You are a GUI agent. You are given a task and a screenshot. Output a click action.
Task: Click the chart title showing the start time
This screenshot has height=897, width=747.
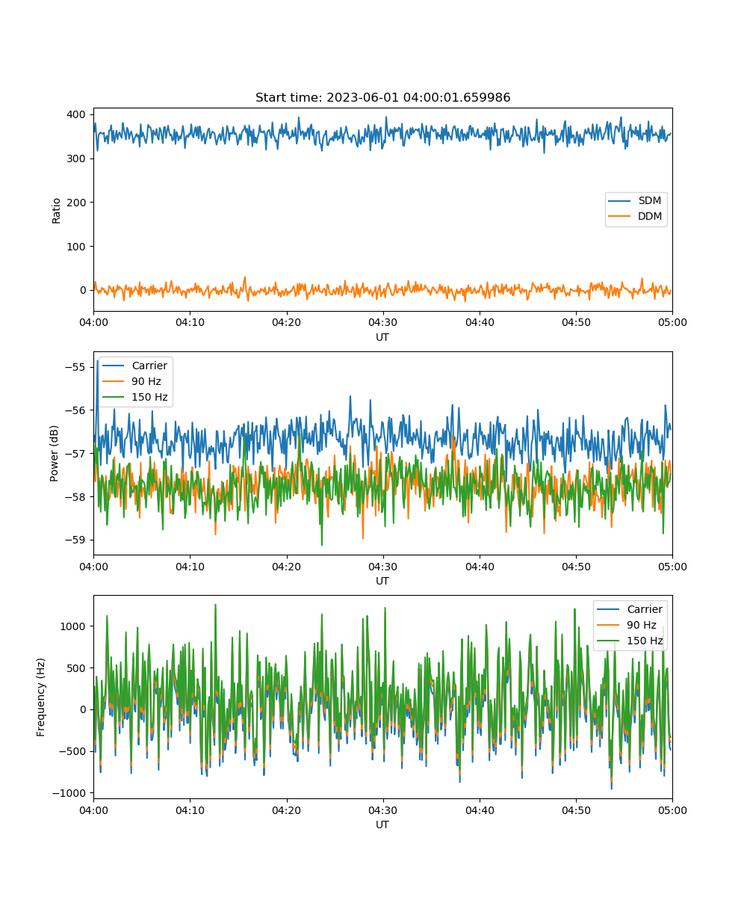(x=382, y=97)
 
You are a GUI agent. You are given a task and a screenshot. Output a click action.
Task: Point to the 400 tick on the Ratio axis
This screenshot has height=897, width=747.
(x=76, y=114)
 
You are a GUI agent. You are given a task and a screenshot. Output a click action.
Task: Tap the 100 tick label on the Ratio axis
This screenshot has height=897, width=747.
(x=76, y=247)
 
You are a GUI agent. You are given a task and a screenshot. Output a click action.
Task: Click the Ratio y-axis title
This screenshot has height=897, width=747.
(x=56, y=211)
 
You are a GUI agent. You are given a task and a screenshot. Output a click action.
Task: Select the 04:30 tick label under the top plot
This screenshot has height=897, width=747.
(x=383, y=322)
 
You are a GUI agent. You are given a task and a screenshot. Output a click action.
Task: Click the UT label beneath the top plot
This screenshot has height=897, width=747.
(x=382, y=337)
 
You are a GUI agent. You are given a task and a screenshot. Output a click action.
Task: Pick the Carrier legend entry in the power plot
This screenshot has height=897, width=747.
(x=134, y=366)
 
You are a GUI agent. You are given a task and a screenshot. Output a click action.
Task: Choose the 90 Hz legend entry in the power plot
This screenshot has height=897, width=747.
(x=131, y=381)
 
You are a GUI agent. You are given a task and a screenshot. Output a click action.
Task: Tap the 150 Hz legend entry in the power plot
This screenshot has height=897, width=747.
(x=134, y=397)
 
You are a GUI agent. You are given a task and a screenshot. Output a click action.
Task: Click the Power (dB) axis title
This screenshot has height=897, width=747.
(x=54, y=454)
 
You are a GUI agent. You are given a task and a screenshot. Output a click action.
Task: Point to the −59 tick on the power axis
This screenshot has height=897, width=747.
(x=75, y=540)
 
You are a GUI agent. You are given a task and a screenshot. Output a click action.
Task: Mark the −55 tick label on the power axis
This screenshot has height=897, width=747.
(x=75, y=367)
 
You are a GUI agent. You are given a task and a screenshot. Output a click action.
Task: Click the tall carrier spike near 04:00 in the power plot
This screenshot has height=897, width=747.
(x=97, y=362)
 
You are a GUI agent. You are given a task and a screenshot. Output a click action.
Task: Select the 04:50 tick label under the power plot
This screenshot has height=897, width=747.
(x=576, y=567)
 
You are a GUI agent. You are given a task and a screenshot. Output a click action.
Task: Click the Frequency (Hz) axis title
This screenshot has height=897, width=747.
(x=40, y=697)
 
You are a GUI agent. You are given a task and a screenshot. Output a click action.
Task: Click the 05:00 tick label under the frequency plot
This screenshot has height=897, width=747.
(x=672, y=810)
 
